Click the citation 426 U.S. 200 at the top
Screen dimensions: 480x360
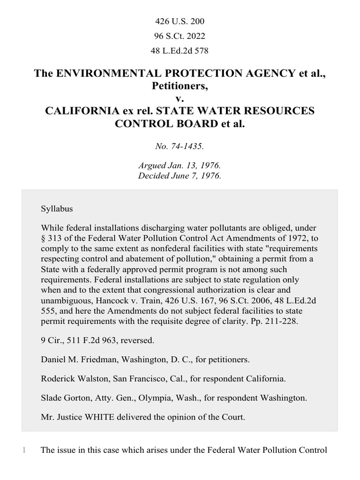pos(180,22)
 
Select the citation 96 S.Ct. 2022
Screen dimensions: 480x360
pos(180,36)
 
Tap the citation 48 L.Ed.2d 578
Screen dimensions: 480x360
pos(180,50)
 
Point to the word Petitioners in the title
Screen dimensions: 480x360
pos(179,86)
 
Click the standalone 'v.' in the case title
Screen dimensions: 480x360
pos(180,98)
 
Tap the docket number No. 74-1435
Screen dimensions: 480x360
pos(180,147)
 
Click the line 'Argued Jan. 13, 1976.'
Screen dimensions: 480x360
pos(180,166)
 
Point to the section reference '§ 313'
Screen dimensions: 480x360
pos(52,238)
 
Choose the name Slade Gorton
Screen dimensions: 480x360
pos(63,398)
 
